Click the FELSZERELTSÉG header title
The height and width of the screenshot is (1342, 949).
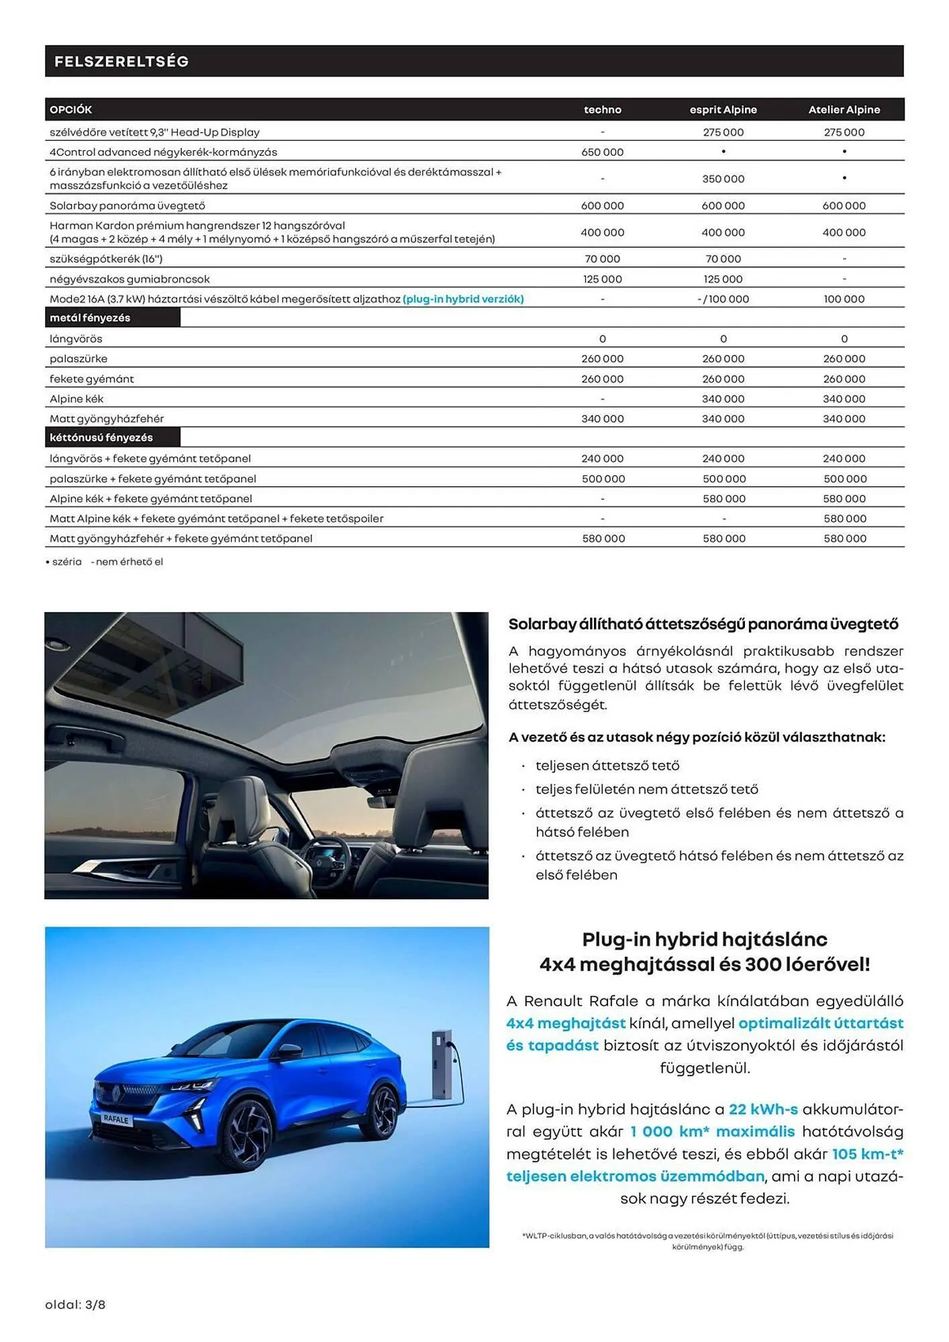(x=121, y=62)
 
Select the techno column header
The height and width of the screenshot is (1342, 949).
(x=602, y=109)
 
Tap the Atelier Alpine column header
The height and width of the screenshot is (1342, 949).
(x=844, y=109)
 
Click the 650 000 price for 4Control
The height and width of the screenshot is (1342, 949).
(x=602, y=152)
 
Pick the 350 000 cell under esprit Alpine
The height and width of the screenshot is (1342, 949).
(x=723, y=179)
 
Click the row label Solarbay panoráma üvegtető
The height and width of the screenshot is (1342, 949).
(x=128, y=206)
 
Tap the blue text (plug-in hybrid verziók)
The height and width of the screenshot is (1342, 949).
(x=463, y=299)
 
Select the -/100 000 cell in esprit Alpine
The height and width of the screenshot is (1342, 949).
(x=723, y=299)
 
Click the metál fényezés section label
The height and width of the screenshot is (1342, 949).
(x=90, y=318)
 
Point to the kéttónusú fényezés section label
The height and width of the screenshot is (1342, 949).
(x=101, y=437)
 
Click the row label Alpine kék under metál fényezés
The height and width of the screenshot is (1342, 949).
(x=77, y=399)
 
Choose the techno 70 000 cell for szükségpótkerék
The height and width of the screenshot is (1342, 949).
(x=602, y=259)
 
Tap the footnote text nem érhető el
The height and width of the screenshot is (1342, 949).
(x=129, y=562)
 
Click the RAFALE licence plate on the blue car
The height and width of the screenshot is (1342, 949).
(x=115, y=1119)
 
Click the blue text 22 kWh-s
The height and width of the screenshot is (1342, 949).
(x=763, y=1109)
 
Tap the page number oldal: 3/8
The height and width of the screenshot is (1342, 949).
(x=75, y=1304)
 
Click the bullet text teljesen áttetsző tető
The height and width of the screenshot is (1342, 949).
(x=607, y=766)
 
